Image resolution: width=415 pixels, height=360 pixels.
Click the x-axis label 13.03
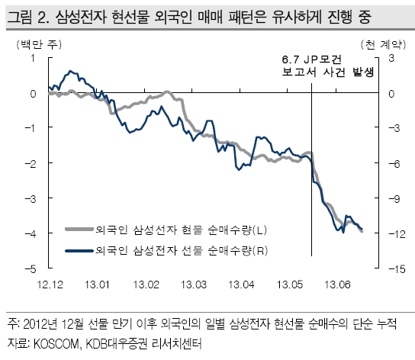pos(194,284)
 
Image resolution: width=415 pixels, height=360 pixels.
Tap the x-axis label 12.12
pos(50,284)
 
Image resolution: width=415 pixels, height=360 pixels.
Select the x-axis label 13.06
pos(337,284)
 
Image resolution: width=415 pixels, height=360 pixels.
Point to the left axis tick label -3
pos(31,198)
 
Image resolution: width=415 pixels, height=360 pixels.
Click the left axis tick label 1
pos(33,58)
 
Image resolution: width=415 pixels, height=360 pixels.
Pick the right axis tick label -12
pos(397,233)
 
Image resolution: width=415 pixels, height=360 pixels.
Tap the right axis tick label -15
pos(397,269)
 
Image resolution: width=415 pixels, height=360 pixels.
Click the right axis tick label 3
pos(391,58)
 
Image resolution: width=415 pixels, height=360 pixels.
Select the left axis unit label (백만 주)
pos(39,44)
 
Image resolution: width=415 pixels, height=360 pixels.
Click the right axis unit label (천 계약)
pos(383,44)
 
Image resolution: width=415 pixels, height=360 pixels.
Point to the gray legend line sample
pos(79,229)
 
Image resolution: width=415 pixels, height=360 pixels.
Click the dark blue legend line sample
pos(79,250)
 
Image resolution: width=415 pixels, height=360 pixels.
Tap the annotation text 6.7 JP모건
pos(312,59)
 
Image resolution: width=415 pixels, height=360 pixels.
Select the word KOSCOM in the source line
pos(56,343)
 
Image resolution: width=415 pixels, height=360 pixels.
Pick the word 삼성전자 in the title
pos(81,18)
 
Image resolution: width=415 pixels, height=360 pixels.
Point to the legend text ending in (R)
pos(182,250)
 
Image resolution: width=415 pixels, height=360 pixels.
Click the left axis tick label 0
pos(33,94)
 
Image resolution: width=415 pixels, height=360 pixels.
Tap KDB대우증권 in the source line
pos(117,343)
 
